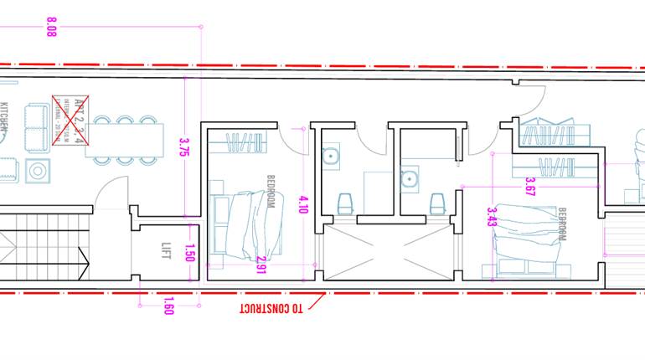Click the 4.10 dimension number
click(x=303, y=206)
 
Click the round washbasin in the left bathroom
click(x=330, y=155)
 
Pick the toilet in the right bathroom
click(x=436, y=203)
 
